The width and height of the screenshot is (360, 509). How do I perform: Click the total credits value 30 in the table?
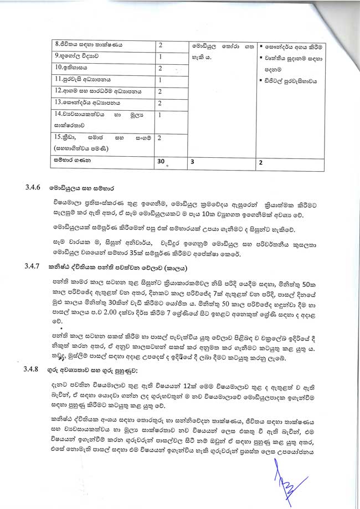pos(161,162)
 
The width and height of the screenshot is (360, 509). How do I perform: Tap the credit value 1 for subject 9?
pos(160,56)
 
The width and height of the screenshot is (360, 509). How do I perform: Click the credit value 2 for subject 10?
pos(160,68)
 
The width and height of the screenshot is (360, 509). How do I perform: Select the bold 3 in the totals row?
pos(192,162)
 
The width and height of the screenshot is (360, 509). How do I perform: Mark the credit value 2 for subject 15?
pos(160,137)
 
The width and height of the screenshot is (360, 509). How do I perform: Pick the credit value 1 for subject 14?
pos(160,115)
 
